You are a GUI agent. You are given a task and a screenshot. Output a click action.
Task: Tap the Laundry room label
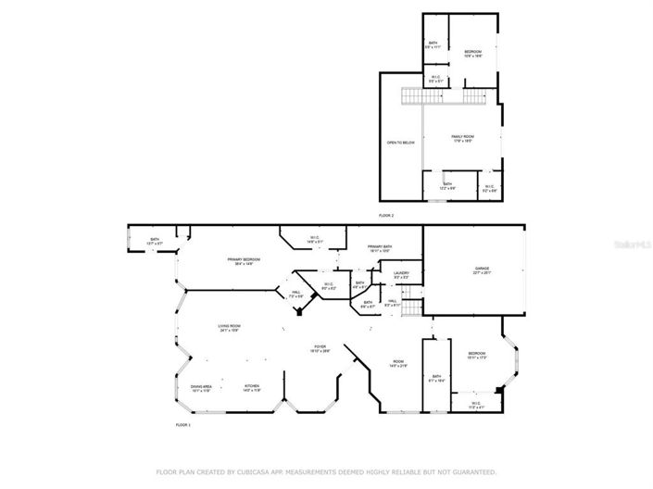(401, 274)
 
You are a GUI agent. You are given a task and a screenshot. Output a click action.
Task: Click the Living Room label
(230, 328)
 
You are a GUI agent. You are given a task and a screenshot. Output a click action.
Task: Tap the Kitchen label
(251, 387)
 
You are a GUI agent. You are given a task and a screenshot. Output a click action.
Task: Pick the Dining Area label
(202, 388)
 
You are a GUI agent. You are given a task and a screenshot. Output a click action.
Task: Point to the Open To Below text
(400, 143)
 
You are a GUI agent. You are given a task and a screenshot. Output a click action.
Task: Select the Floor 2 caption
(386, 215)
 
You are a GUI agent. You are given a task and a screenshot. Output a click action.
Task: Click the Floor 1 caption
(182, 424)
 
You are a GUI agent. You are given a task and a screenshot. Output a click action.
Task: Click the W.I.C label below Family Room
(489, 188)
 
